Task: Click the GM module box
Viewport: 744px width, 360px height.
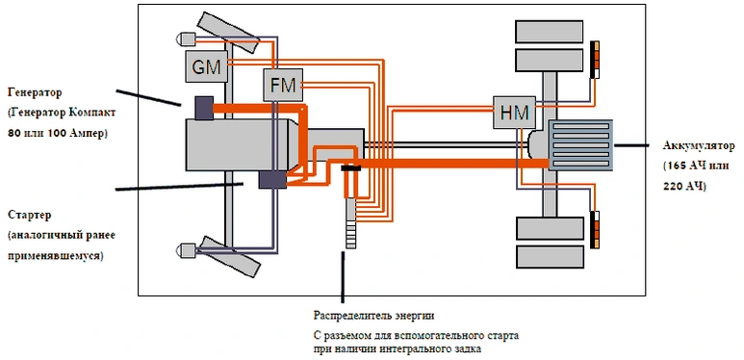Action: (207, 65)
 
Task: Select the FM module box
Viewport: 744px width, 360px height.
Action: (283, 85)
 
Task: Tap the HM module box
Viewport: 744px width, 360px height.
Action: (514, 112)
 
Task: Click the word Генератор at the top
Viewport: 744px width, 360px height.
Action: (35, 92)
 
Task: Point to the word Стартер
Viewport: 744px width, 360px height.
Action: (30, 215)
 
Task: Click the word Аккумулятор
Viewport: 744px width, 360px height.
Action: (699, 145)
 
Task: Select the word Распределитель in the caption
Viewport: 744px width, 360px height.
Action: (349, 315)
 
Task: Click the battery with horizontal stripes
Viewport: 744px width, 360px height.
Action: (580, 145)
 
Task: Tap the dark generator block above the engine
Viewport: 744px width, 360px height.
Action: (204, 108)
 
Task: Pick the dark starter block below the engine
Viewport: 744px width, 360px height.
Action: (272, 180)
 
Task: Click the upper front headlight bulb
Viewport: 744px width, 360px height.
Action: (186, 38)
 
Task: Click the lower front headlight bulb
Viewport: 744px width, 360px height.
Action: (186, 248)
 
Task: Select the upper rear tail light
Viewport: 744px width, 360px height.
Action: (595, 60)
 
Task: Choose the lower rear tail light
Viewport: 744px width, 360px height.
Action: (595, 230)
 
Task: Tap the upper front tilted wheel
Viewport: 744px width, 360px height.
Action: (228, 33)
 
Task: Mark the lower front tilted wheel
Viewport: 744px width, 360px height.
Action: (229, 256)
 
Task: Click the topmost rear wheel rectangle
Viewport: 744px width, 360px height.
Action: (549, 32)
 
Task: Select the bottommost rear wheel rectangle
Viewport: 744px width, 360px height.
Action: (550, 257)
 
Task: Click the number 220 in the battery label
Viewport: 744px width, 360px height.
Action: (672, 186)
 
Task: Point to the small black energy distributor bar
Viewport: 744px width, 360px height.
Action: (350, 167)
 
